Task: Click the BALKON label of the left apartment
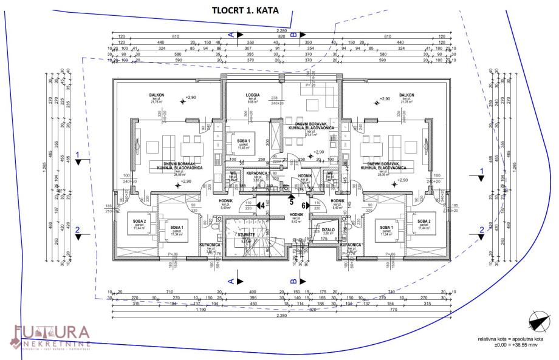pyautogui.click(x=158, y=95)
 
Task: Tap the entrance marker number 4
pyautogui.click(x=261, y=206)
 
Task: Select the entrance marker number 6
pyautogui.click(x=304, y=206)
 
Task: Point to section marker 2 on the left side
pyautogui.click(x=77, y=229)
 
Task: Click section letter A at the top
pyautogui.click(x=230, y=35)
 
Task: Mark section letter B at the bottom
pyautogui.click(x=293, y=280)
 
